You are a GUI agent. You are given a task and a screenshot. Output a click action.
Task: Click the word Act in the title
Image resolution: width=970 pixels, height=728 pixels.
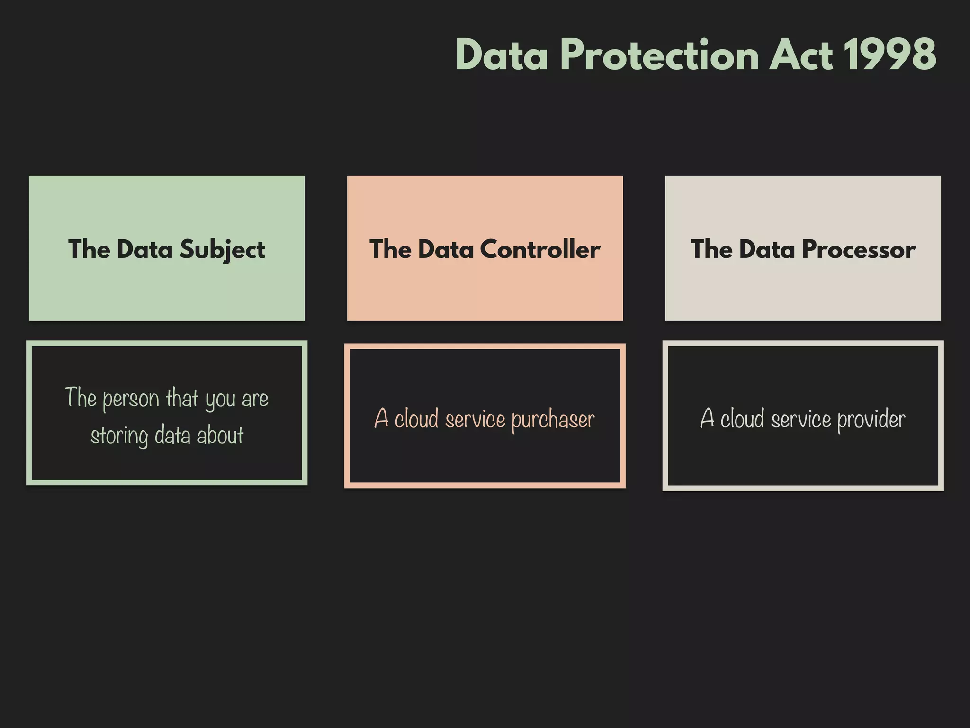point(800,55)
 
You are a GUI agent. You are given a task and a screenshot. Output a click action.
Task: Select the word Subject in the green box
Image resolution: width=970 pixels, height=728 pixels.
point(222,250)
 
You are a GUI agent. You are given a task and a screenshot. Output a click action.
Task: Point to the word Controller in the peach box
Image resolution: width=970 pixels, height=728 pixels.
point(540,249)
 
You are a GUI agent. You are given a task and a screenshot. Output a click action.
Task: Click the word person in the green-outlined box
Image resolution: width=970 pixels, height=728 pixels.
point(131,399)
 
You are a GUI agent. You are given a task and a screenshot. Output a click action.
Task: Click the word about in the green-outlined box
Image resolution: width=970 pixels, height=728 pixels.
point(220,435)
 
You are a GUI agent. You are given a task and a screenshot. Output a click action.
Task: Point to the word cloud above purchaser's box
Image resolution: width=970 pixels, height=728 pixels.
point(416,419)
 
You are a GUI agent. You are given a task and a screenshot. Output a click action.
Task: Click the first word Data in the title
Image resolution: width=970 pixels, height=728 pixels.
point(502,55)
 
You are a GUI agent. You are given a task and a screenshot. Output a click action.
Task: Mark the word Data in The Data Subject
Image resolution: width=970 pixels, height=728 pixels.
point(144,249)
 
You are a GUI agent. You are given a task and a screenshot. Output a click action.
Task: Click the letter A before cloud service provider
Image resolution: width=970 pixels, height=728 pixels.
point(707,419)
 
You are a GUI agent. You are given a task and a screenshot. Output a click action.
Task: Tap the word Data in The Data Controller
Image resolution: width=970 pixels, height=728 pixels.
point(446,249)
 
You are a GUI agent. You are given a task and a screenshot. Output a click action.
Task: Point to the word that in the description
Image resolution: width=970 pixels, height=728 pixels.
point(182,398)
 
